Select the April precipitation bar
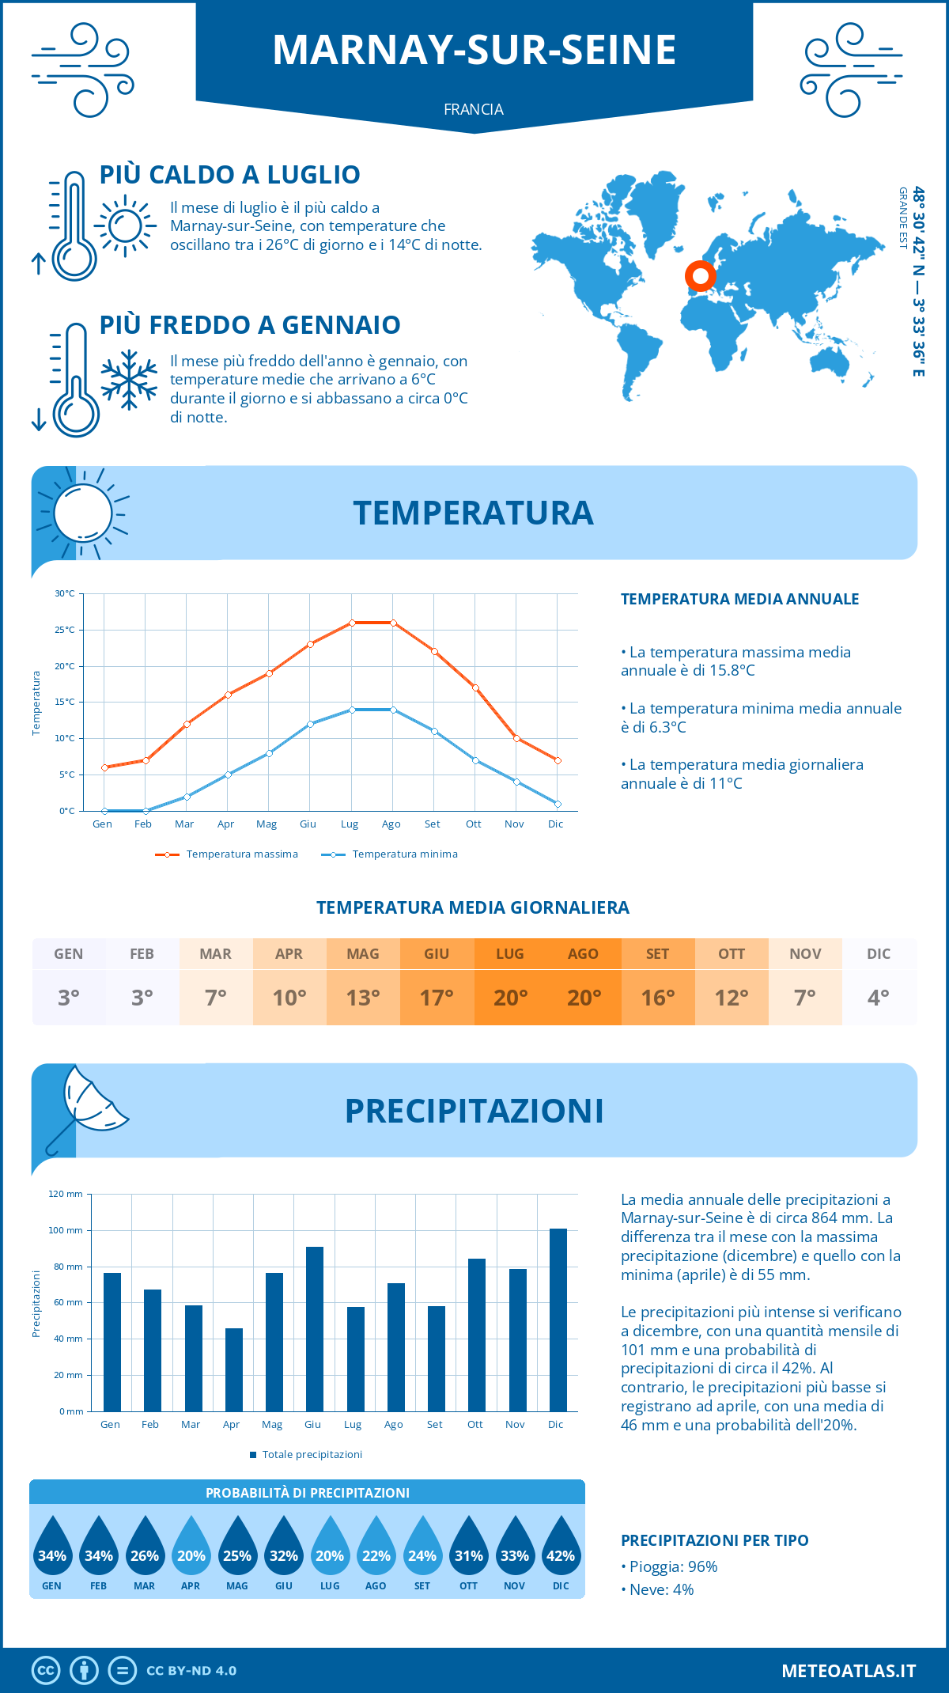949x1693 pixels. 234,1369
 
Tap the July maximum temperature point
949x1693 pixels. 352,623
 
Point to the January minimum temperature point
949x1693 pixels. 104,811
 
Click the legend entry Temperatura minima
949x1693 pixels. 389,854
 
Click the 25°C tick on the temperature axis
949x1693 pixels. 65,630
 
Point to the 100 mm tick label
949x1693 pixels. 66,1230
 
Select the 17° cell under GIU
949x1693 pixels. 437,998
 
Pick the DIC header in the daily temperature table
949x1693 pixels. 879,954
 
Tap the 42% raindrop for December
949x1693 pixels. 561,1547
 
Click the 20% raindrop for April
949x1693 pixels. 191,1547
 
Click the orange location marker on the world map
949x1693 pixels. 700,276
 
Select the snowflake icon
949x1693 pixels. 129,380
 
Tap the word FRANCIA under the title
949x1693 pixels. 474,109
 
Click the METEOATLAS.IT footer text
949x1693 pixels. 849,1671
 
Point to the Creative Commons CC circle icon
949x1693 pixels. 46,1671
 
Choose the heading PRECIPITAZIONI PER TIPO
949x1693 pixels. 715,1540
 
